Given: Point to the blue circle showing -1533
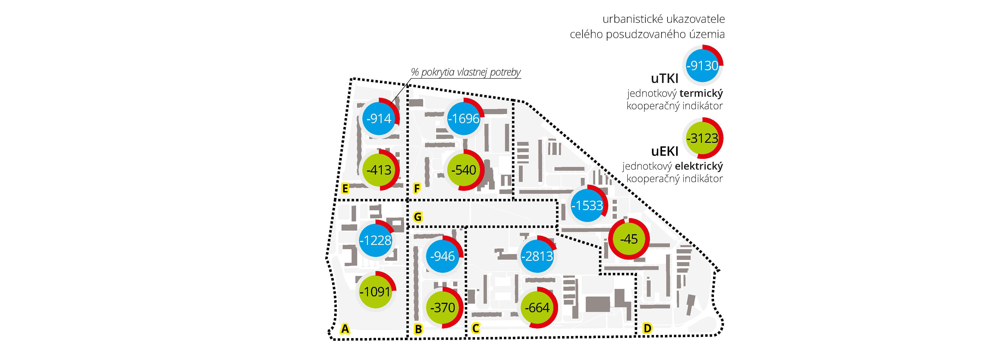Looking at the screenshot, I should tap(587, 205).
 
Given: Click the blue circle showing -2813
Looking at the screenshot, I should tap(537, 256).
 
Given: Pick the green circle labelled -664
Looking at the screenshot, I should tap(537, 308).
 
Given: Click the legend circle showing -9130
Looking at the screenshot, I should tap(702, 65).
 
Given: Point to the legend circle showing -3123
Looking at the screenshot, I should tap(702, 138).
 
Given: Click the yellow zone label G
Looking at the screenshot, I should tap(417, 217).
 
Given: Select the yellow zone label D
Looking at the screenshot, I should tap(647, 328).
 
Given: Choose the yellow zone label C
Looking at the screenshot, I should tap(475, 328).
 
